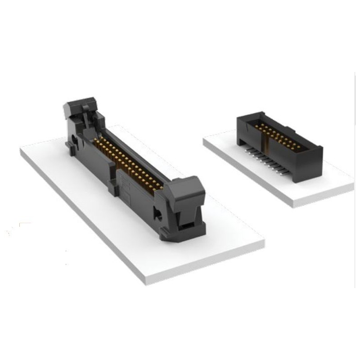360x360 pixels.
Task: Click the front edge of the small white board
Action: [247, 175]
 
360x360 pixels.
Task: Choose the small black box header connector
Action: [279, 144]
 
